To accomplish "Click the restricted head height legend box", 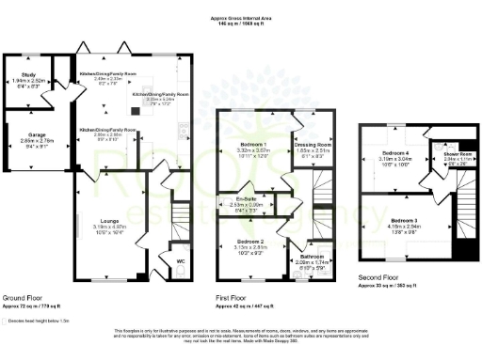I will pos(10,321).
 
